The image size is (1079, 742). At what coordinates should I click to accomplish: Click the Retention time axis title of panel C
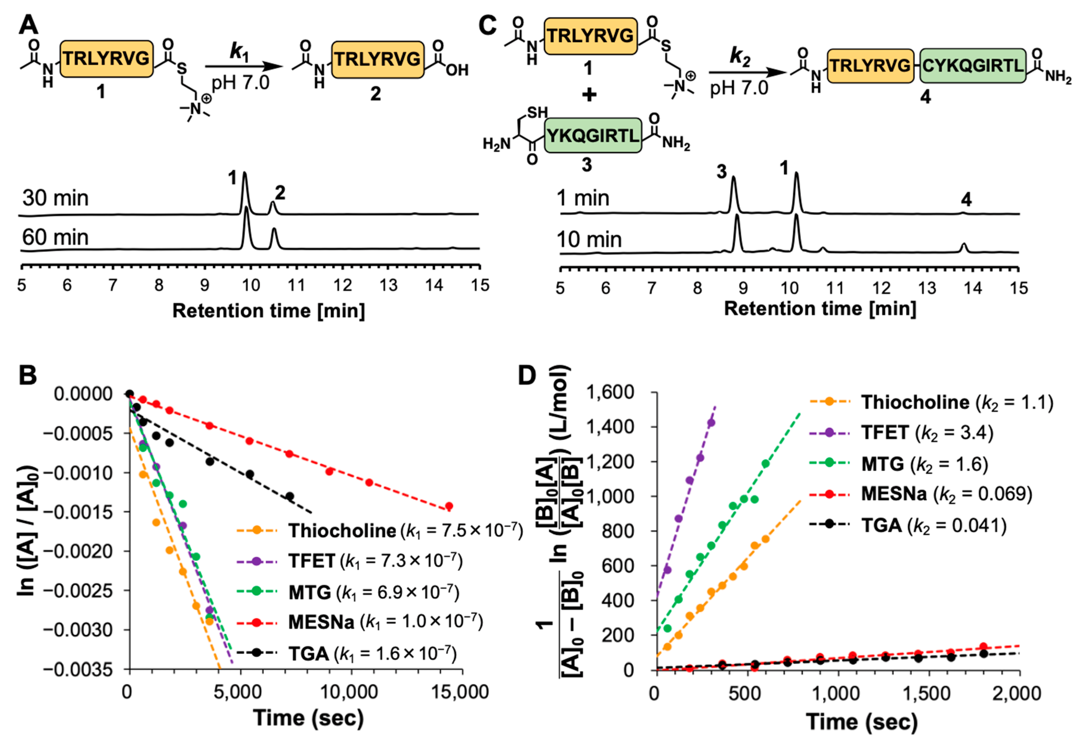coord(820,309)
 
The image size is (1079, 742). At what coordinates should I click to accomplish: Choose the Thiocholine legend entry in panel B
coord(341,531)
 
